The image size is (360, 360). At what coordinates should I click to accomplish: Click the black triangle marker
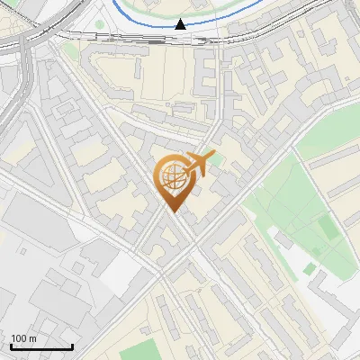pyautogui.click(x=182, y=23)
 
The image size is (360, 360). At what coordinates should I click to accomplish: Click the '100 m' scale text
pyautogui.click(x=23, y=338)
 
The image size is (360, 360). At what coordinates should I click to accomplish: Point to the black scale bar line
pyautogui.click(x=41, y=347)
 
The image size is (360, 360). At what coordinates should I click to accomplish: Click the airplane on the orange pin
pyautogui.click(x=197, y=164)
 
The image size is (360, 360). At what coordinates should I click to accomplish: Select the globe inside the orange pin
pyautogui.click(x=172, y=176)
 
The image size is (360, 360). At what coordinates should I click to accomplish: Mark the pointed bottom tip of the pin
pyautogui.click(x=172, y=212)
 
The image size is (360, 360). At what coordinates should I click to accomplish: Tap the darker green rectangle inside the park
pyautogui.click(x=328, y=229)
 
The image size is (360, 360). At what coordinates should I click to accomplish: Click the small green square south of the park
pyautogui.click(x=310, y=267)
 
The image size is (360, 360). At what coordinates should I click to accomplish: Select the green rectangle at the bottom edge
pyautogui.click(x=139, y=352)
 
